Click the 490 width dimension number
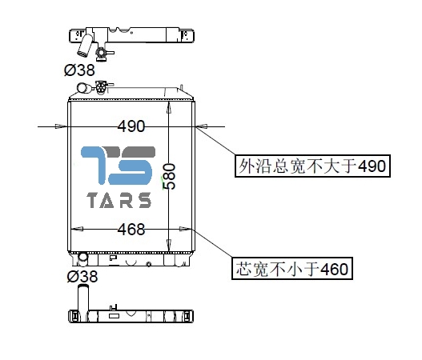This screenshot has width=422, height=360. pos(131,126)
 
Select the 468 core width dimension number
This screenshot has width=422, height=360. pos(131,230)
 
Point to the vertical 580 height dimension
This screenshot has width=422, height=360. pos(170,176)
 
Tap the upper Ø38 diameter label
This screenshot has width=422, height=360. pos(79,70)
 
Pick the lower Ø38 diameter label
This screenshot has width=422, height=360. pos(82,276)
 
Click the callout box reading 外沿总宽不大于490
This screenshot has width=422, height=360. pos(313,166)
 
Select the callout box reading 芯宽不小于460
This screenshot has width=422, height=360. pos(292,268)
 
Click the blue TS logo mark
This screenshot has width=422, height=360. pos(118,166)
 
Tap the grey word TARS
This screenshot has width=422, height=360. pos(119,200)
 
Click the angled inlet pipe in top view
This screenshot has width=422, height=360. pos(85,46)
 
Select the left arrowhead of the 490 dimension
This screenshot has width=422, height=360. pos(61,126)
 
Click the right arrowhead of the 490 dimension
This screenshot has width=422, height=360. pos(202,126)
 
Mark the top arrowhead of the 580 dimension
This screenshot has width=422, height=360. pos(169,107)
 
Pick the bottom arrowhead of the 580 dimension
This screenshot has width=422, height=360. pos(168,245)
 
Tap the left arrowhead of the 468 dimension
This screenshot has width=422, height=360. pos(77,229)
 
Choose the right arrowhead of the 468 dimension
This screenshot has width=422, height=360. pos(186,229)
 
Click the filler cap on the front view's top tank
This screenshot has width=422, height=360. pos(101,87)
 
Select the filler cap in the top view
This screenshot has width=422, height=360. pos(101,53)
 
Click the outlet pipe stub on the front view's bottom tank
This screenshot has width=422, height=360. pos(82,258)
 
